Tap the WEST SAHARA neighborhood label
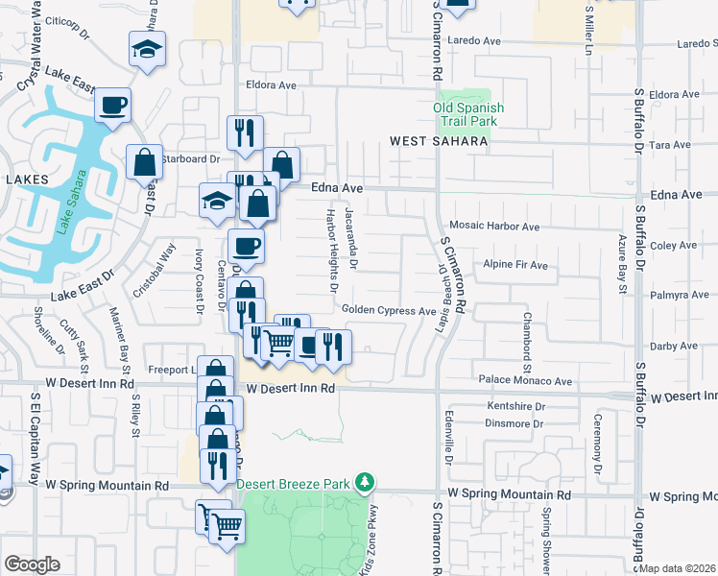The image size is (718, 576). tap(440, 141)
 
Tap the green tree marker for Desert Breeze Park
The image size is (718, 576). tap(364, 481)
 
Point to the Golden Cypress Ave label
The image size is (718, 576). tap(389, 311)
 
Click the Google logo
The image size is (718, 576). tap(32, 564)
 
